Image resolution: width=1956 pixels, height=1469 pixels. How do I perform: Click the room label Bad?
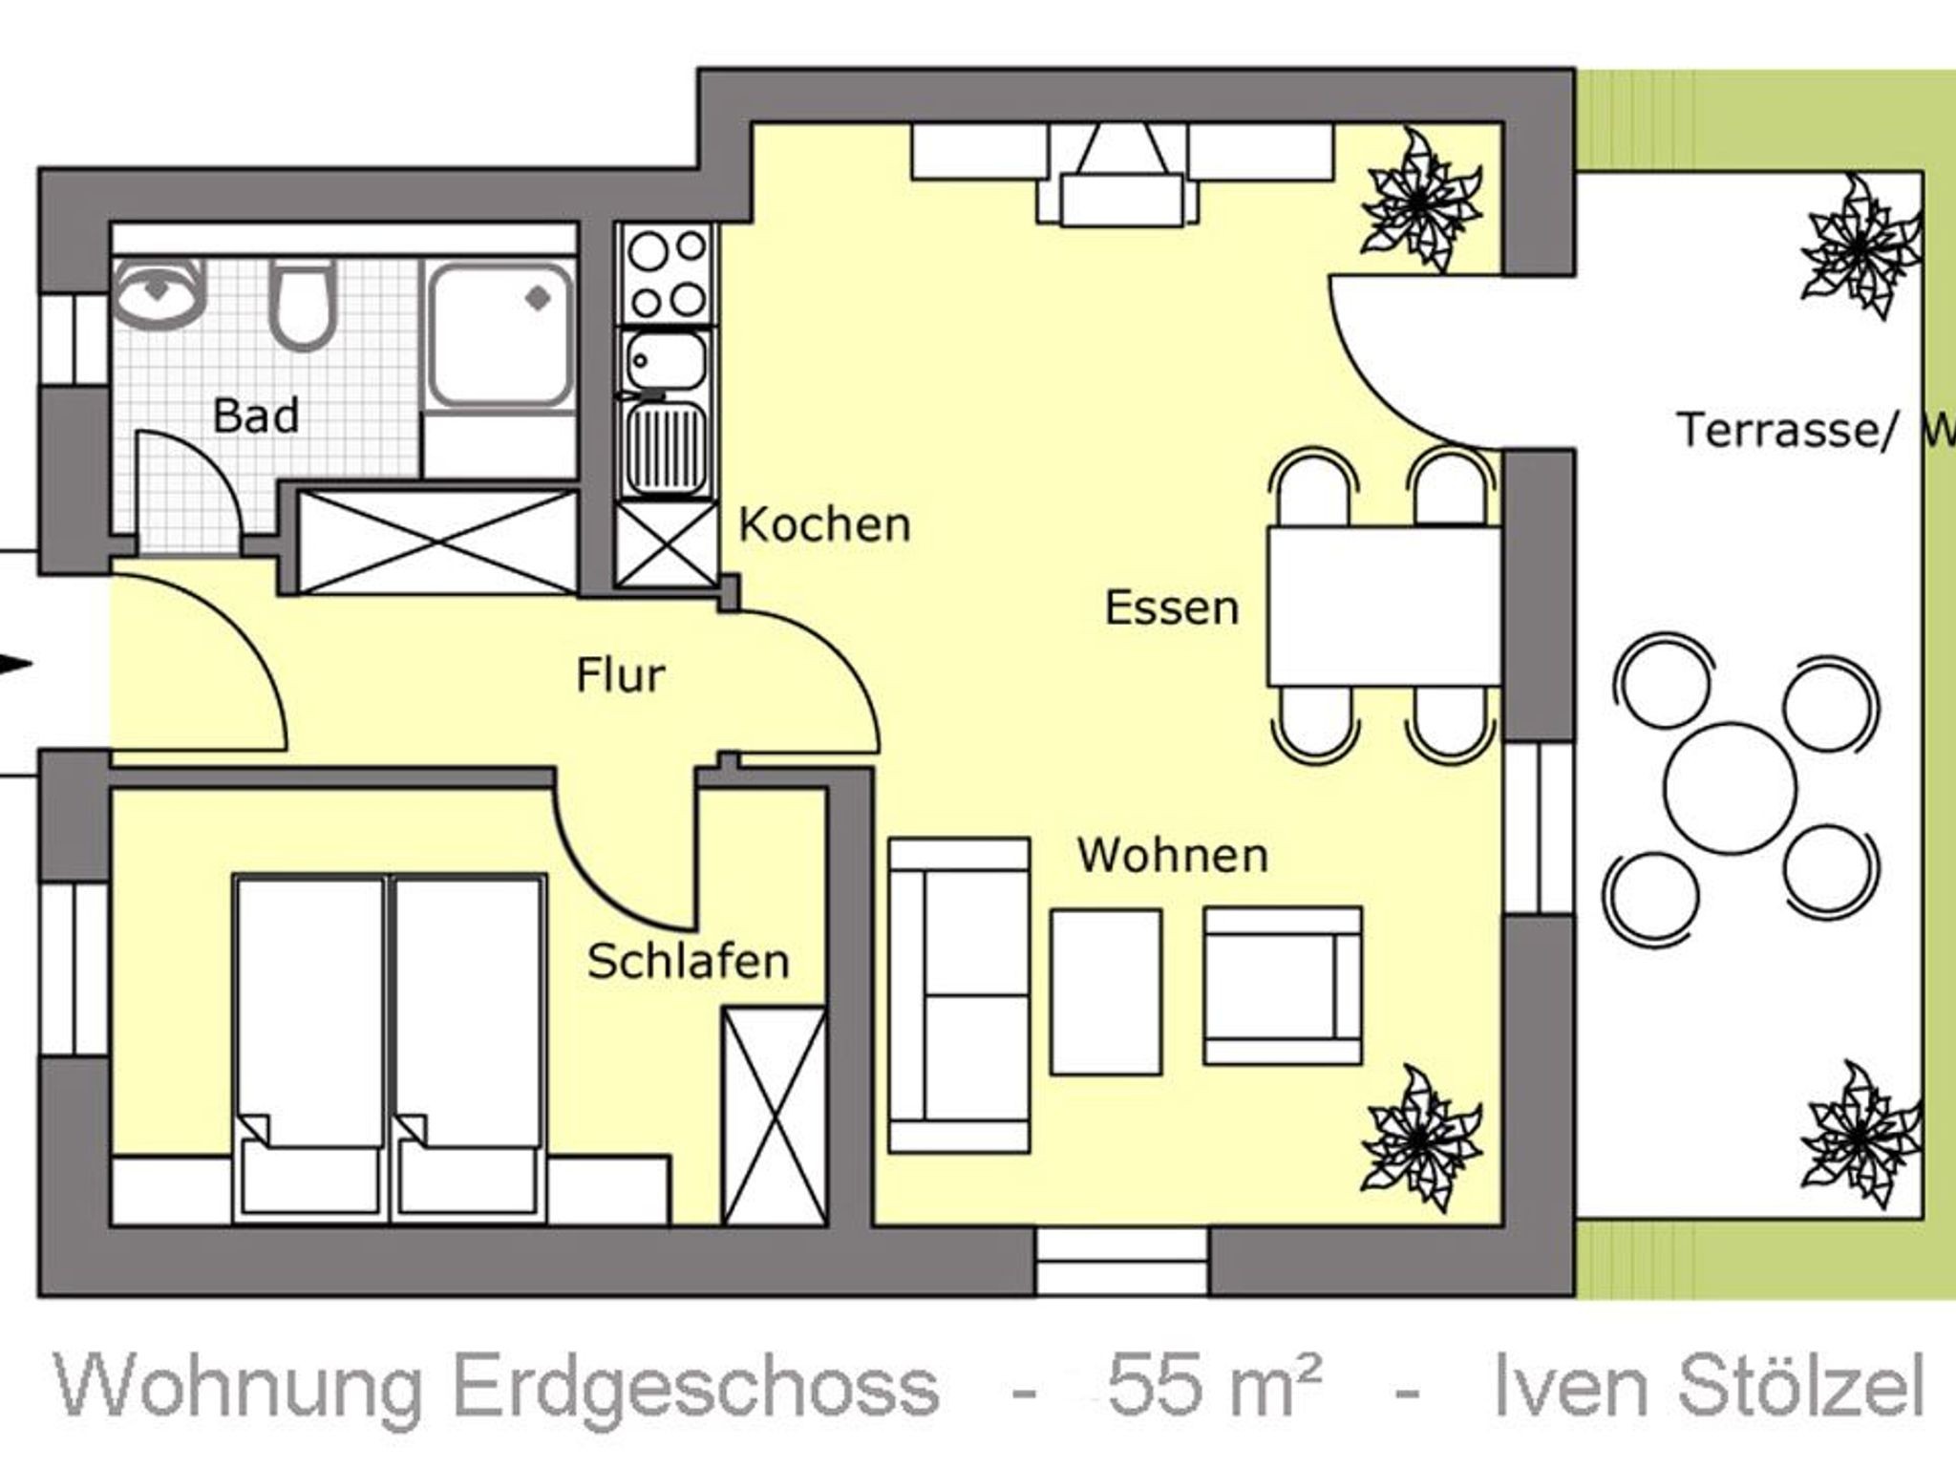point(256,415)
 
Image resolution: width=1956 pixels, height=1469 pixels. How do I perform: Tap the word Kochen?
point(825,524)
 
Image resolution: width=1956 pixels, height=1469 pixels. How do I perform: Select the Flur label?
point(621,675)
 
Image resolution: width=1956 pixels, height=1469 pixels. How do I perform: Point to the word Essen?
point(1172,607)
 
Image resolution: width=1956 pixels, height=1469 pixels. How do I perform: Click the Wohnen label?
point(1173,855)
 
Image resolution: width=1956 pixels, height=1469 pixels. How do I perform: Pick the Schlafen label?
point(689,961)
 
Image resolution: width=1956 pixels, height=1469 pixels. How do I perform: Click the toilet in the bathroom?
point(302,304)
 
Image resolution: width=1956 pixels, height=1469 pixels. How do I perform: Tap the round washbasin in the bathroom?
point(159,291)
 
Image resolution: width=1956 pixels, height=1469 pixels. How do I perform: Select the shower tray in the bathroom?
point(500,334)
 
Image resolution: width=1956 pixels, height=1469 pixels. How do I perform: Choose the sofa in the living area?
point(959,995)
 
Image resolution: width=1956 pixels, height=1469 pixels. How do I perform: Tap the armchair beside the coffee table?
point(1283,986)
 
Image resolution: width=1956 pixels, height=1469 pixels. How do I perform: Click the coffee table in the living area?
point(1106,992)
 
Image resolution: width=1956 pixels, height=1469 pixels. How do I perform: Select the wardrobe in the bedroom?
point(775,1115)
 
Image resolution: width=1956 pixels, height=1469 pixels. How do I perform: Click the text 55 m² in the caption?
point(1214,1387)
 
